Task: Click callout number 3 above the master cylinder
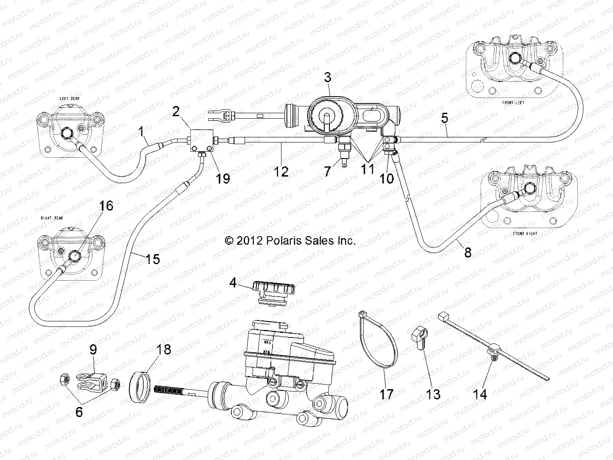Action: coord(327,78)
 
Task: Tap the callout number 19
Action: coord(223,178)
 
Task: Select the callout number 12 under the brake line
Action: coord(281,171)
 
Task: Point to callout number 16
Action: coord(106,206)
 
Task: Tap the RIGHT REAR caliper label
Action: coord(52,217)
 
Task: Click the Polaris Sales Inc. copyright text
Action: coord(290,241)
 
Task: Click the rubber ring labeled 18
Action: coord(139,385)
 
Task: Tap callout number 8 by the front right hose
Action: coord(468,253)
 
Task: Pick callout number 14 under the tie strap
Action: coord(480,394)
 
